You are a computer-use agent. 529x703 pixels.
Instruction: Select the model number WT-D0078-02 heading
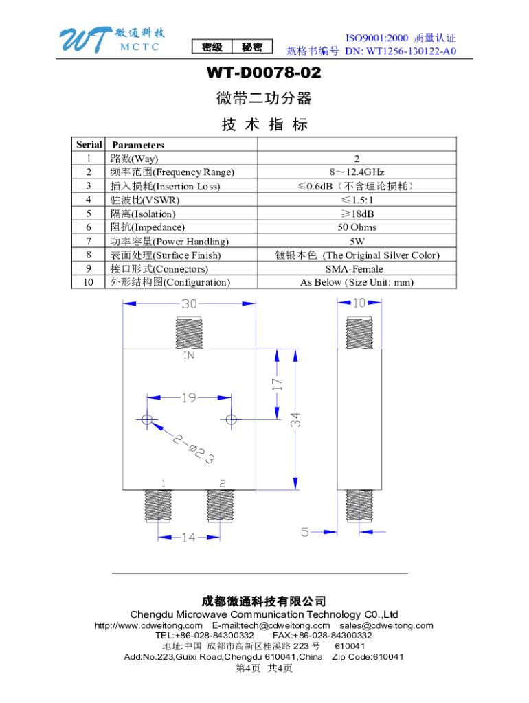[264, 73]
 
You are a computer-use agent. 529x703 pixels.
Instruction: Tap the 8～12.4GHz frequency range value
[357, 172]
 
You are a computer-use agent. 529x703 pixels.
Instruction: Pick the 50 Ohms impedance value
[357, 227]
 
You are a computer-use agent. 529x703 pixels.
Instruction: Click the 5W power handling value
[357, 241]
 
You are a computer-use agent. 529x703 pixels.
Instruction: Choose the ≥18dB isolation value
[357, 214]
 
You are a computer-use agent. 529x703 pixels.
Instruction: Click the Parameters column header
[137, 145]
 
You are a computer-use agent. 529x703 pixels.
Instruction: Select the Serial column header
[89, 144]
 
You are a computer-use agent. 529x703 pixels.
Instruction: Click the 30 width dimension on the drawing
[190, 303]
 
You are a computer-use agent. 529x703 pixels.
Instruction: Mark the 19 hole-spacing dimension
[190, 397]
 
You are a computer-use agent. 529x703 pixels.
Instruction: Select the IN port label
[189, 356]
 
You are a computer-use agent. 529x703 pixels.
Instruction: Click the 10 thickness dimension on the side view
[359, 303]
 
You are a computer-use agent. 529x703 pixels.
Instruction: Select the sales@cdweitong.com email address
[386, 625]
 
